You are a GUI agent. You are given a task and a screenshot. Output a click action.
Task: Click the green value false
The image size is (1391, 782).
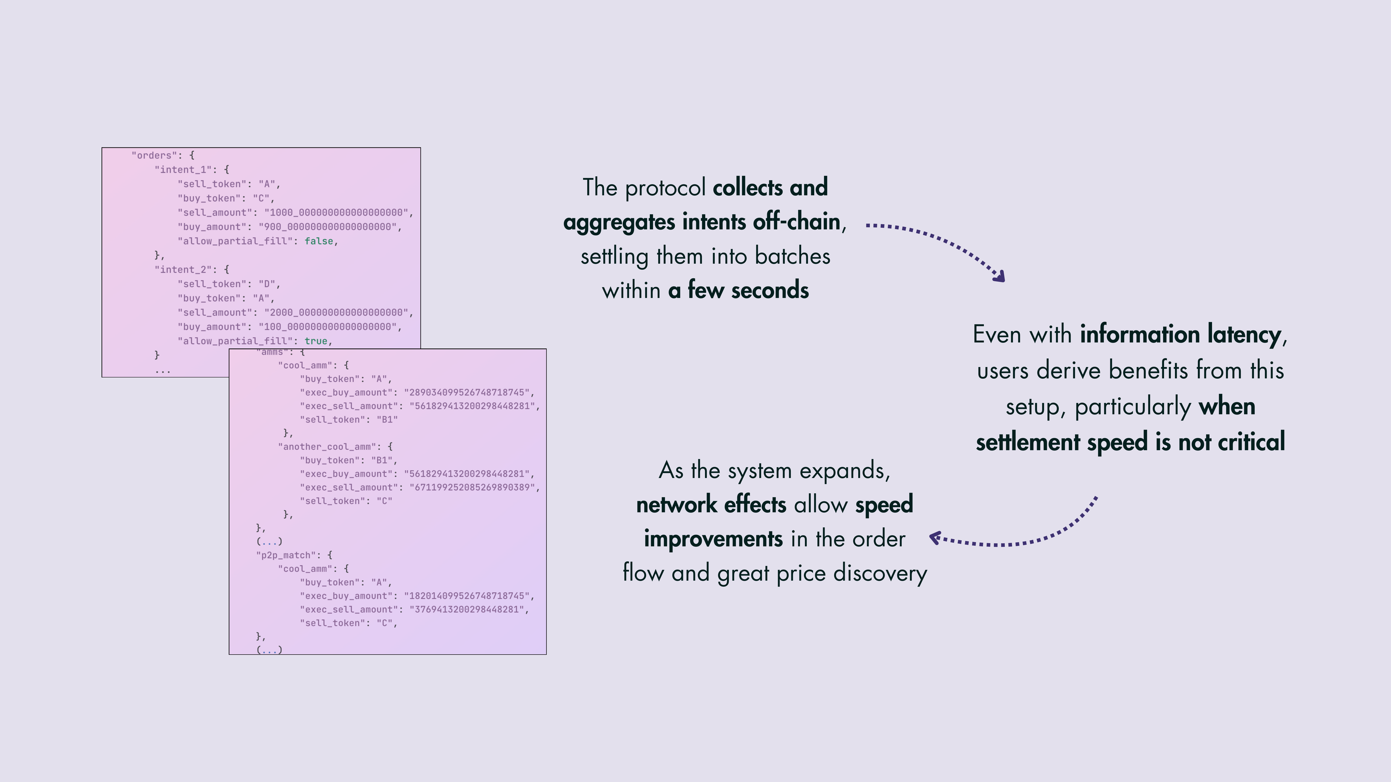pos(319,241)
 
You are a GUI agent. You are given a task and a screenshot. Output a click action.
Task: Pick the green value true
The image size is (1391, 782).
pos(316,341)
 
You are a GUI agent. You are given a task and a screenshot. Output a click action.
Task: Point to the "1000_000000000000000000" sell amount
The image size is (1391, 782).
pos(336,213)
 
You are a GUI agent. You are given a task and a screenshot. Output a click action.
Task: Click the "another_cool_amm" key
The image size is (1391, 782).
pos(327,447)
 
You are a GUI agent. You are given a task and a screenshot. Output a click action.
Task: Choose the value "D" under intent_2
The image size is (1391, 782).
pos(267,284)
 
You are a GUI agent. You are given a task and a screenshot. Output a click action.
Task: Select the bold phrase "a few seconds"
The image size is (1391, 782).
pos(738,290)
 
